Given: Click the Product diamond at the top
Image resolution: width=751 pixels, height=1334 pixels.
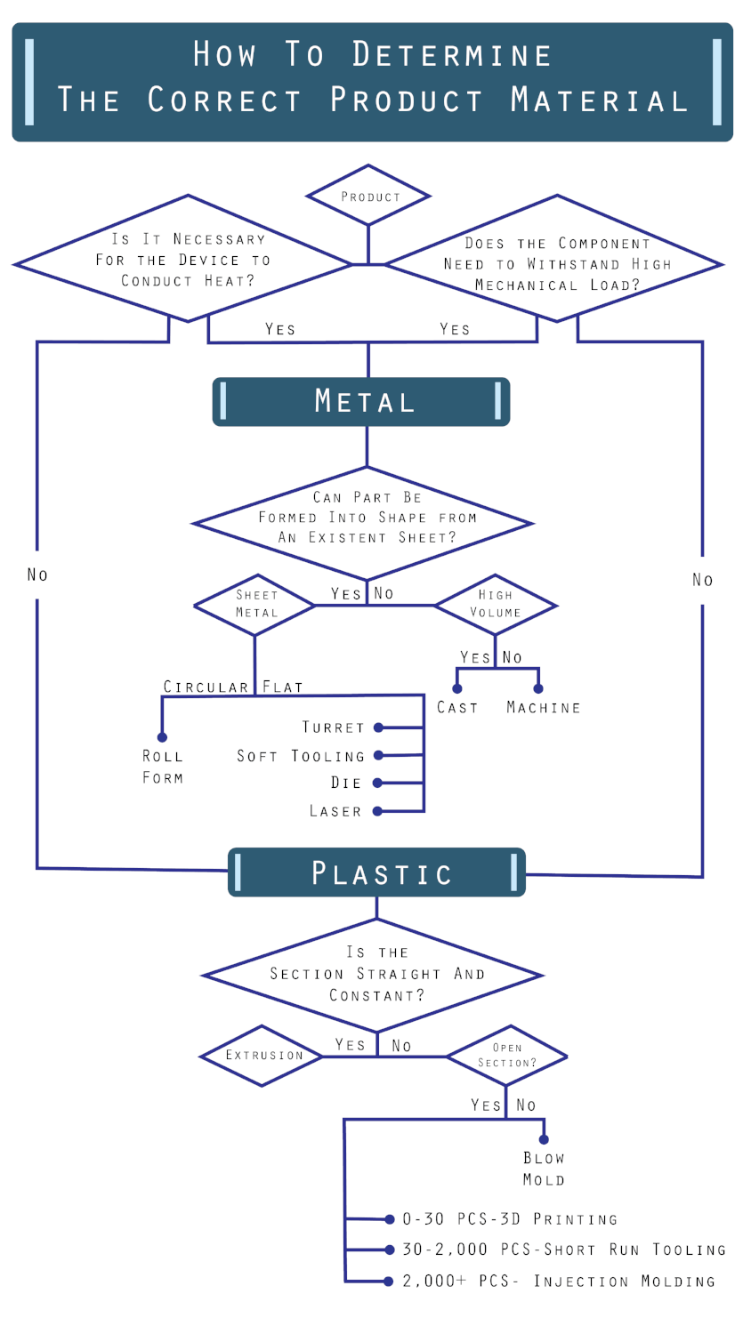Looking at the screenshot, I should (368, 196).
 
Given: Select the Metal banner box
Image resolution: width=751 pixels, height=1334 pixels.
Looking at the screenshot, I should (361, 402).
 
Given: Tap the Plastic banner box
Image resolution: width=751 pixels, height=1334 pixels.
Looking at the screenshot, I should (377, 872).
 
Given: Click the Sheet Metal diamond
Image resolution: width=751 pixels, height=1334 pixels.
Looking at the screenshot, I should (255, 605).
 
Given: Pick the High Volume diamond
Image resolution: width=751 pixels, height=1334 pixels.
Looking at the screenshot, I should (495, 605).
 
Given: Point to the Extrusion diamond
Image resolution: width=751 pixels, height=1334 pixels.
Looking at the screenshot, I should (262, 1056).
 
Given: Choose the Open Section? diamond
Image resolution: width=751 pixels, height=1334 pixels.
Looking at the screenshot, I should (506, 1056).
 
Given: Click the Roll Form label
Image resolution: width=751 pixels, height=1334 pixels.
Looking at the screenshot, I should (163, 767).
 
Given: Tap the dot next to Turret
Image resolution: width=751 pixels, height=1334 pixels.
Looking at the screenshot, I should (378, 727).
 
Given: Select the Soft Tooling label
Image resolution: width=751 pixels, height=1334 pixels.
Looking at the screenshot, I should (301, 756).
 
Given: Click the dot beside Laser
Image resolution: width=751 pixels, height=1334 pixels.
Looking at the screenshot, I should (377, 811).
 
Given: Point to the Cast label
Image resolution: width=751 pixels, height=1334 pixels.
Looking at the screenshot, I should (457, 708).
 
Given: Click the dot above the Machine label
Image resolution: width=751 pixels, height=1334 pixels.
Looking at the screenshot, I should (538, 688).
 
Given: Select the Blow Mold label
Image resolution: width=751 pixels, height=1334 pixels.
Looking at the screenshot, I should (544, 1169).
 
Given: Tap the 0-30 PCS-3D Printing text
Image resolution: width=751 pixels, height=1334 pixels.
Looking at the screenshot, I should (509, 1219).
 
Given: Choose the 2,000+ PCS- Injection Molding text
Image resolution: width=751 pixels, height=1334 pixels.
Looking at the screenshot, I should (559, 1282).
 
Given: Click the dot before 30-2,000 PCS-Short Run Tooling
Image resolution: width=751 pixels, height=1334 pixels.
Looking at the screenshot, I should (389, 1250).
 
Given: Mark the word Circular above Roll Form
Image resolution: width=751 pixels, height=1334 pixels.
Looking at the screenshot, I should (206, 687).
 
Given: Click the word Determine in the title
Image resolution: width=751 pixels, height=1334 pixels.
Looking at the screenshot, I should (452, 55).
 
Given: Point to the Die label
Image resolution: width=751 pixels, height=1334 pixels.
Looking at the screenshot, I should (346, 784).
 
